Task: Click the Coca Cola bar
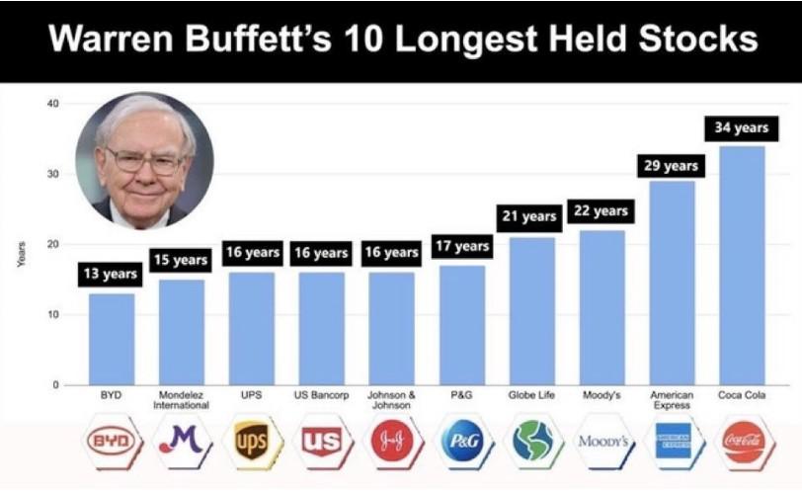pyautogui.click(x=742, y=266)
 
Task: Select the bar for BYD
pyautogui.click(x=112, y=339)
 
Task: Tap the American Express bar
pyautogui.click(x=672, y=283)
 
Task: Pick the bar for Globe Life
pyautogui.click(x=532, y=311)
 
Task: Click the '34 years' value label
pyautogui.click(x=742, y=127)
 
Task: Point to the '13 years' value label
pyautogui.click(x=111, y=274)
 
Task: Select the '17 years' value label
pyautogui.click(x=462, y=247)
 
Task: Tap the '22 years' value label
pyautogui.click(x=601, y=211)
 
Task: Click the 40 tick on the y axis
pyautogui.click(x=53, y=104)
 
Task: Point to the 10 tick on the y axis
pyautogui.click(x=53, y=314)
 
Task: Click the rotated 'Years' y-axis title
pyautogui.click(x=21, y=254)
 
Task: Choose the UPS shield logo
pyautogui.click(x=251, y=441)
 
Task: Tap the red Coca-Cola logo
pyautogui.click(x=744, y=442)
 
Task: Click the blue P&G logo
pyautogui.click(x=463, y=441)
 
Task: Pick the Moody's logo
pyautogui.click(x=603, y=441)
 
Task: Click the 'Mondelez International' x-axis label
pyautogui.click(x=181, y=400)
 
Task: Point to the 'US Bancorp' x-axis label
pyautogui.click(x=321, y=395)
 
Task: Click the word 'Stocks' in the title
pyautogui.click(x=698, y=39)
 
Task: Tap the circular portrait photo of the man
pyautogui.click(x=145, y=161)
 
